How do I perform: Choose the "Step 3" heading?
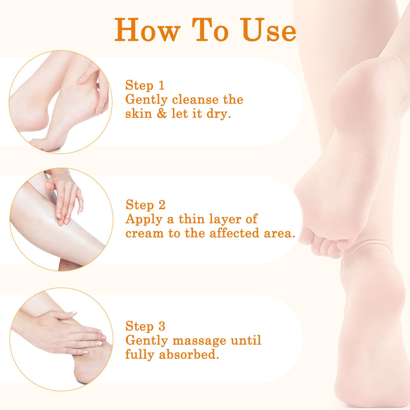click(145, 326)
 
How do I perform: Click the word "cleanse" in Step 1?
click(195, 99)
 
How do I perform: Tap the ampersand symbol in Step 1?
click(161, 113)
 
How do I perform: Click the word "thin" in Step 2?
click(191, 219)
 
